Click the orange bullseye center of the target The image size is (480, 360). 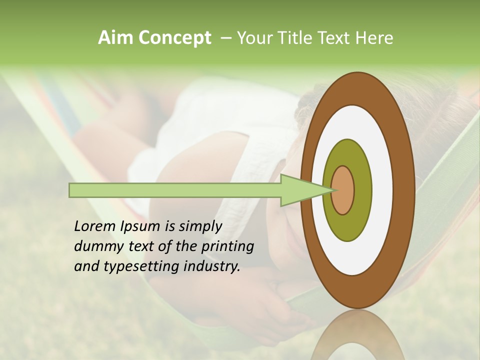click(343, 190)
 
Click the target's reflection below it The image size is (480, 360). click(358, 337)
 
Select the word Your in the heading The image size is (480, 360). click(253, 37)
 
